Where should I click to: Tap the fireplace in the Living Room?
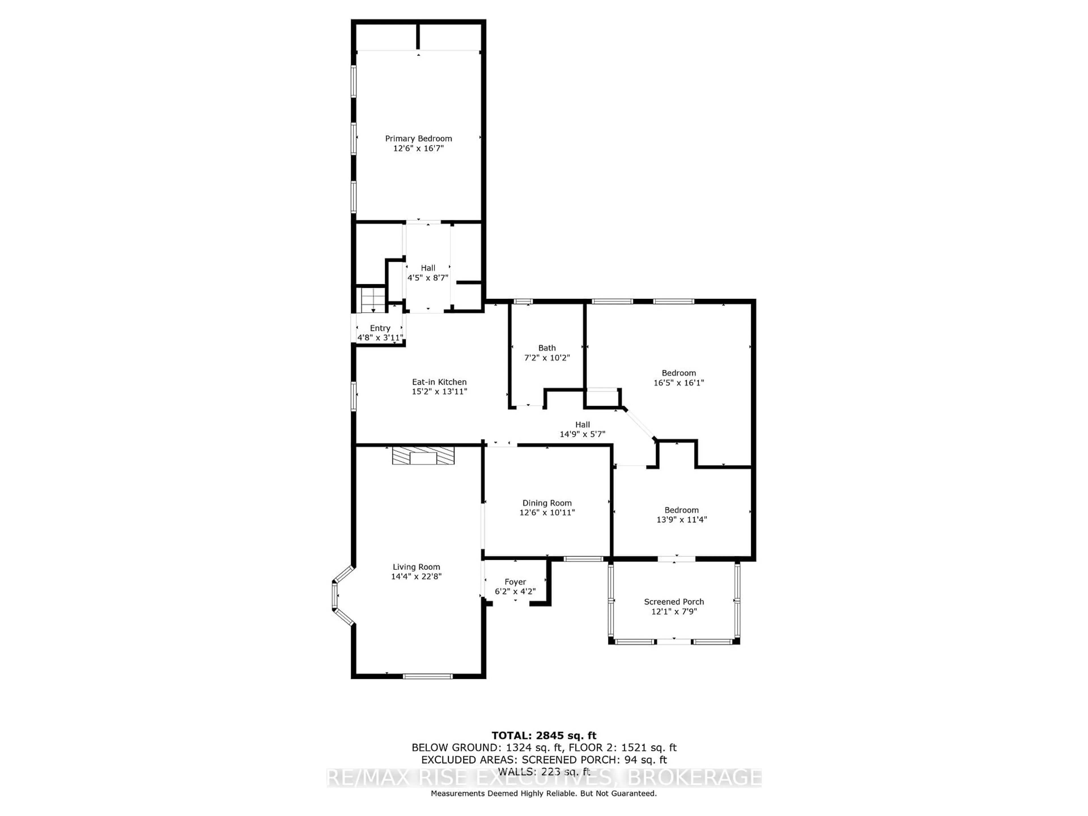[423, 456]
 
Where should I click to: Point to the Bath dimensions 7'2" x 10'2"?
[547, 358]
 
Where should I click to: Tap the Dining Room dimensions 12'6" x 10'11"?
[547, 513]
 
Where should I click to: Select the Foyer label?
[515, 582]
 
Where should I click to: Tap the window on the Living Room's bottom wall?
[428, 676]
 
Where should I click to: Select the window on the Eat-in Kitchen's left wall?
[353, 396]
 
